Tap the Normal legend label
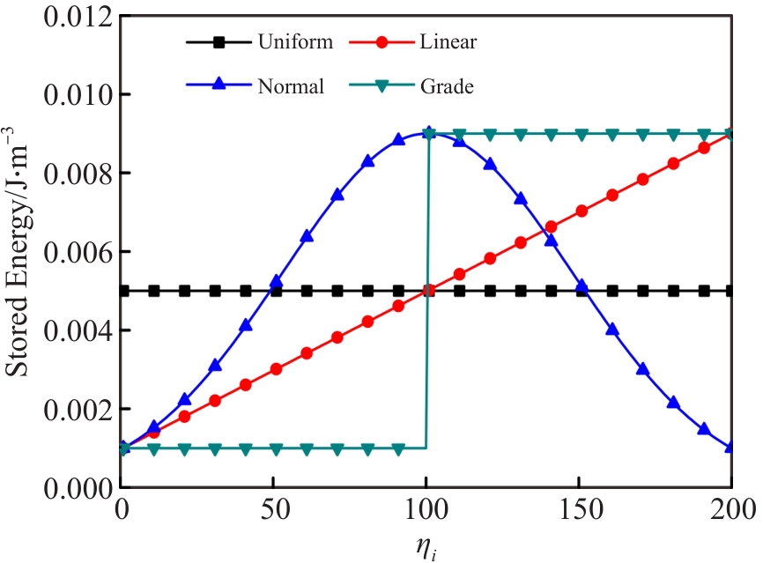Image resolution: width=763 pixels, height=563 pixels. click(291, 86)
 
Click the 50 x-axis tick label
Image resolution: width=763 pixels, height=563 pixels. click(276, 509)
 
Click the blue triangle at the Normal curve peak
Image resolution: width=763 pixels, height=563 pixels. click(428, 133)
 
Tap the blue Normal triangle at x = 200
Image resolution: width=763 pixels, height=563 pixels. click(731, 447)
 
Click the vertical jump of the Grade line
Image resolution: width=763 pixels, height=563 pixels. click(427, 291)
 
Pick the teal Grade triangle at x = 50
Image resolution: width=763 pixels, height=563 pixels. click(276, 448)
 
